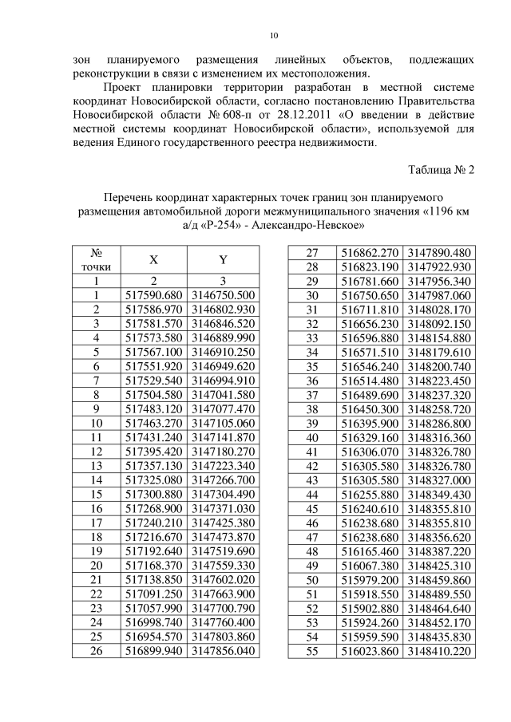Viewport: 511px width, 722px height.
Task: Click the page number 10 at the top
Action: pos(273,35)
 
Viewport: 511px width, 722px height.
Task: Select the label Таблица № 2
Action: pos(442,170)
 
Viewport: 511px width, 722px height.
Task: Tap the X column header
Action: pos(153,259)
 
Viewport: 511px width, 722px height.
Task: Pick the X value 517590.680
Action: pos(153,295)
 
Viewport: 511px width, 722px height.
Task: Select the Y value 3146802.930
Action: pos(224,310)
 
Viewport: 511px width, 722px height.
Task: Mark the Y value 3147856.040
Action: pos(224,650)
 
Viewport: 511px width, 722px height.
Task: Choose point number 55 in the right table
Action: pos(312,650)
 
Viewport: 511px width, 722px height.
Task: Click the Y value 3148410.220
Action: pos(440,650)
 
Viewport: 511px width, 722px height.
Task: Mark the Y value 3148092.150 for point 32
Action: pos(440,324)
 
